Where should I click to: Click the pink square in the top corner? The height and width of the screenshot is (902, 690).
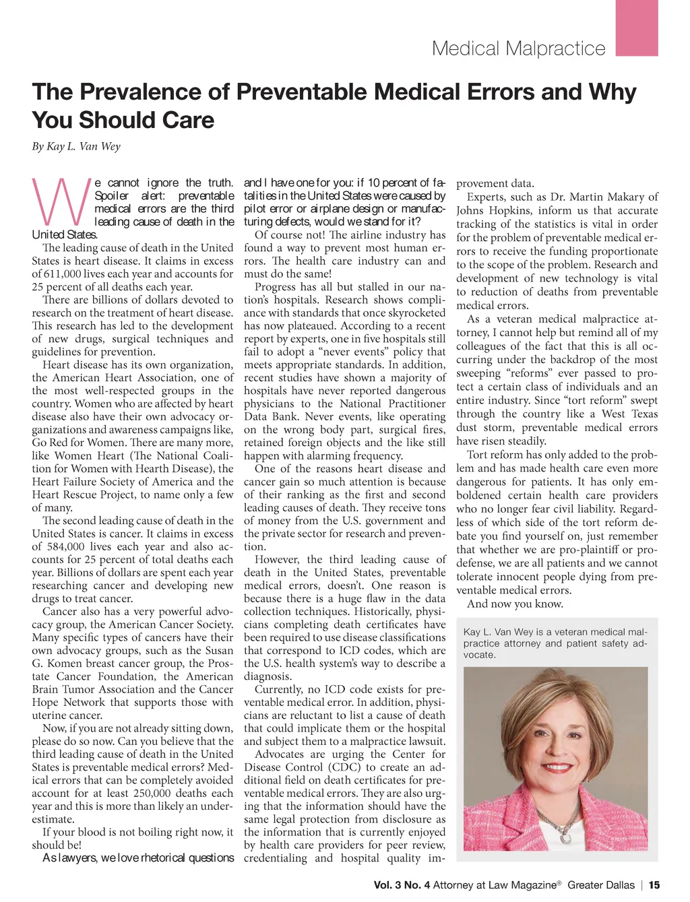pyautogui.click(x=637, y=28)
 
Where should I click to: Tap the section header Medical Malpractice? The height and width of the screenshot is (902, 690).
pyautogui.click(x=518, y=49)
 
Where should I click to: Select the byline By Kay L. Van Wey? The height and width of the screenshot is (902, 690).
pyautogui.click(x=76, y=146)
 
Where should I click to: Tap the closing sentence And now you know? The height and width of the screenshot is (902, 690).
pyautogui.click(x=515, y=604)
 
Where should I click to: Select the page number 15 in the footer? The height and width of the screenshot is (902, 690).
pyautogui.click(x=654, y=885)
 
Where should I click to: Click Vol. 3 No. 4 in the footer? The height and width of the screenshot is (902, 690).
pyautogui.click(x=402, y=885)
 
